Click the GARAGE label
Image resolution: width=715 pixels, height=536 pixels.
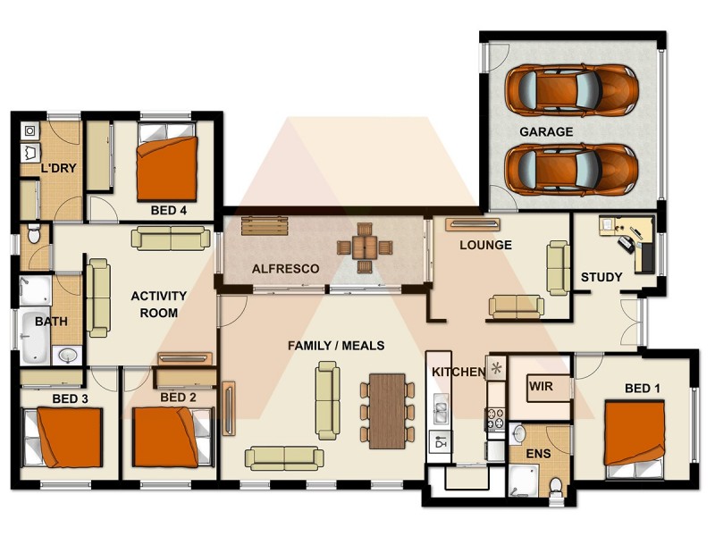[x=546, y=131]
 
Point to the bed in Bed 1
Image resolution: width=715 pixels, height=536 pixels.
[x=635, y=433]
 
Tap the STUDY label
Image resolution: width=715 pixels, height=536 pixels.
[x=601, y=277]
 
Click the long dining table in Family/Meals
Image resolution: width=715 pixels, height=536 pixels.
[x=387, y=409]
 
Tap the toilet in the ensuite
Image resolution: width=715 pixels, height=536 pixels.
[x=555, y=485]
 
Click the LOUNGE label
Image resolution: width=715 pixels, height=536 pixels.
[x=485, y=245]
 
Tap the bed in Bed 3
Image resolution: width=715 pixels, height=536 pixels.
[x=68, y=437]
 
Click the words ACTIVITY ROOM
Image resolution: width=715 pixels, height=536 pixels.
[x=159, y=304]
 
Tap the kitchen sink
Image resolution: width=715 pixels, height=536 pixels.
[x=440, y=412]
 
